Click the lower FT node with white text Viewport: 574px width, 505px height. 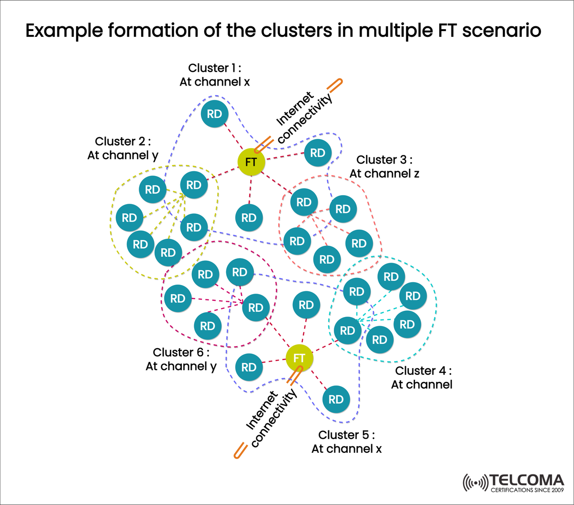tap(299, 358)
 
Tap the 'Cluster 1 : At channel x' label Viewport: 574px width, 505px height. tap(215, 75)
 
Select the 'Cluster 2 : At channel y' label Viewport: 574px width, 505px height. tap(123, 148)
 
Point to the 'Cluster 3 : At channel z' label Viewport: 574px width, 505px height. tap(384, 166)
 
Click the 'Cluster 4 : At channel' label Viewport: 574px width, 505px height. tap(423, 378)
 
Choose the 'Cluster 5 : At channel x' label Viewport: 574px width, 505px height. tap(346, 442)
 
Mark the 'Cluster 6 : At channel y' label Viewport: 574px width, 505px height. tap(181, 359)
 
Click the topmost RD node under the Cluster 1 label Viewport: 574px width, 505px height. tap(214, 114)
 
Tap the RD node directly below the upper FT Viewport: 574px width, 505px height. tap(249, 218)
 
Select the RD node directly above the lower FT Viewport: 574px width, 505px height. tap(306, 305)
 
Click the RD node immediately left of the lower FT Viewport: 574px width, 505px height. tap(249, 367)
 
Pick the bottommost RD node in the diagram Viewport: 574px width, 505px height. tap(336, 399)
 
